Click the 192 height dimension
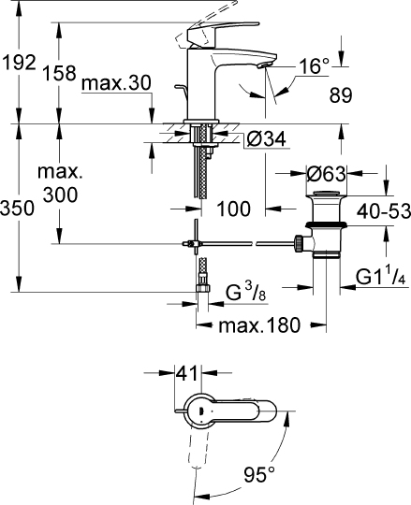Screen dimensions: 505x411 [18, 63]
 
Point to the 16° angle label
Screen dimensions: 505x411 [314, 66]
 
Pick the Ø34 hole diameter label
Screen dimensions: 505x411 [267, 140]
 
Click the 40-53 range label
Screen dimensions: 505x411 [384, 213]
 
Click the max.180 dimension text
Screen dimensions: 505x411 [259, 326]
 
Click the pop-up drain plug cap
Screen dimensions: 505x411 [325, 200]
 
